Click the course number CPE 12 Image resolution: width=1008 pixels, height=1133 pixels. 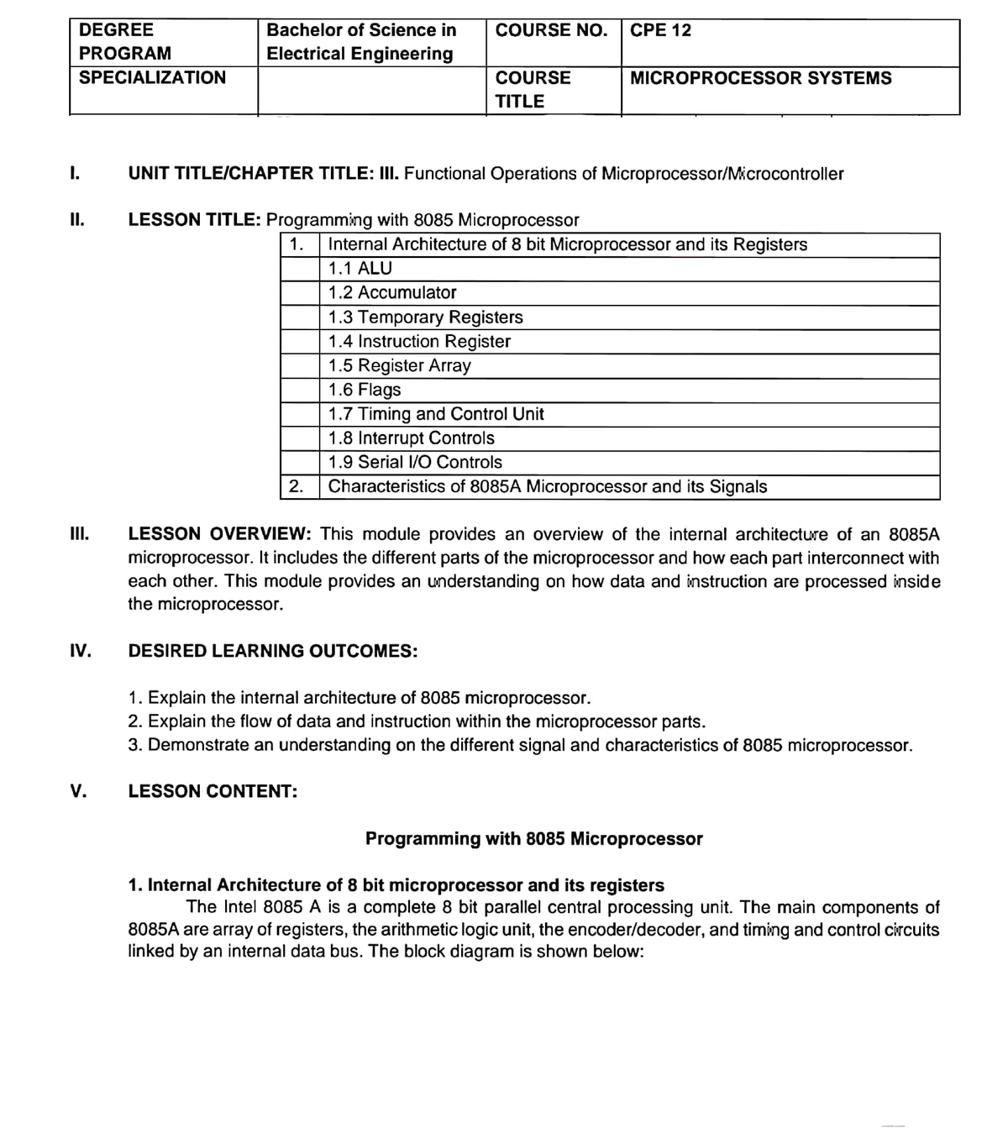(x=660, y=30)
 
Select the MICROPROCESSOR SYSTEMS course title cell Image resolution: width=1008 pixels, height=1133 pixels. (x=760, y=78)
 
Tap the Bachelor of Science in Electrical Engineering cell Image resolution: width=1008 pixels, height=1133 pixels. (x=361, y=42)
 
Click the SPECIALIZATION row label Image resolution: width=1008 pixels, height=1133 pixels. (x=152, y=78)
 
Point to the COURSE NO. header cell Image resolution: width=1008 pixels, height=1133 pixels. (x=551, y=30)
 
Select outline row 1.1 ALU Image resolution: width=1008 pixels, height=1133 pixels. (x=360, y=269)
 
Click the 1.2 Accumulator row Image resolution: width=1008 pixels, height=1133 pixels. (x=391, y=293)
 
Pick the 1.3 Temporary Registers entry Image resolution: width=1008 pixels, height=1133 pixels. (x=425, y=317)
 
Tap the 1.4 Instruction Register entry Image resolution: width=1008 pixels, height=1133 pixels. (x=419, y=342)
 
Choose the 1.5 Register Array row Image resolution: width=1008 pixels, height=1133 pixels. (x=399, y=366)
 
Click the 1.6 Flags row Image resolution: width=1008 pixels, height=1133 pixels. (x=365, y=391)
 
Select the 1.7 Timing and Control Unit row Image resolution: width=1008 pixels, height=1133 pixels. (x=436, y=415)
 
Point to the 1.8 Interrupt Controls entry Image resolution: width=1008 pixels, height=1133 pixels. (x=411, y=438)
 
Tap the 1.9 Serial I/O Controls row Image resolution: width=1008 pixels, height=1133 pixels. (x=415, y=463)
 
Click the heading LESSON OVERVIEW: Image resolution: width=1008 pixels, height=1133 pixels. (x=220, y=534)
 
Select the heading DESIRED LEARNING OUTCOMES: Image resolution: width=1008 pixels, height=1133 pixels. (x=272, y=651)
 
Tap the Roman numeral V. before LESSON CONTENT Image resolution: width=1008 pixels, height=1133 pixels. (x=79, y=791)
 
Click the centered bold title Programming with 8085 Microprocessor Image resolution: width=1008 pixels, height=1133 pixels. (x=533, y=838)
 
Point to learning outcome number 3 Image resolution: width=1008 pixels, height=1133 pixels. (x=520, y=745)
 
